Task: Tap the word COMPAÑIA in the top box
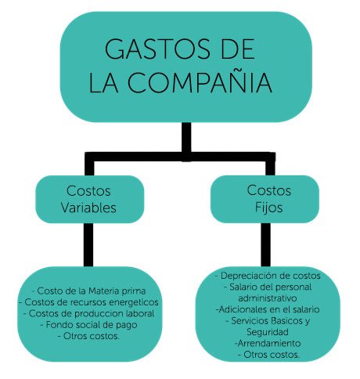200,82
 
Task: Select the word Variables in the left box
88,208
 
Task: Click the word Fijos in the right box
269,208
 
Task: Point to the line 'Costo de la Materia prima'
88,291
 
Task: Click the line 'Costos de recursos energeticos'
88,302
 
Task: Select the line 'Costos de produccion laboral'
88,313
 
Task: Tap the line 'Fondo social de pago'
88,325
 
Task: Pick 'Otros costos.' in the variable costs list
88,336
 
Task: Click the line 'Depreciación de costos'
268,276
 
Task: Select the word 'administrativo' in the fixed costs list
268,298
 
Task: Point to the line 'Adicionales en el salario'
268,309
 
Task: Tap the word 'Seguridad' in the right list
268,332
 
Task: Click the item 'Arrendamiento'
268,343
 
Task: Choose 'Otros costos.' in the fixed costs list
269,355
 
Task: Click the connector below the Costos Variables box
88,244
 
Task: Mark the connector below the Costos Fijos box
265,244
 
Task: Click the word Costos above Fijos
269,190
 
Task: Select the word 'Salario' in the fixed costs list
244,287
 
